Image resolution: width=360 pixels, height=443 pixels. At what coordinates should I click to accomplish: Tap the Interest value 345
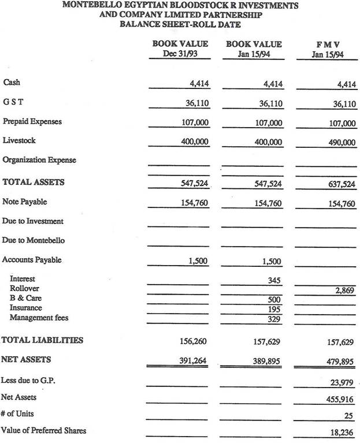click(x=274, y=281)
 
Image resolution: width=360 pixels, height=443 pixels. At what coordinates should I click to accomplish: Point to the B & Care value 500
click(x=274, y=300)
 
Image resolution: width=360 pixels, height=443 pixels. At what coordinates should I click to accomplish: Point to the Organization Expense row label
click(x=39, y=159)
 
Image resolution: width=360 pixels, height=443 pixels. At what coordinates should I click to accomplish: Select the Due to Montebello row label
click(x=34, y=240)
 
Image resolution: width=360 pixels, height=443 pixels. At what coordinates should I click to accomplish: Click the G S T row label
click(x=16, y=102)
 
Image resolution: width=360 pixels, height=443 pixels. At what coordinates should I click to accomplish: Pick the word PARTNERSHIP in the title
click(x=229, y=15)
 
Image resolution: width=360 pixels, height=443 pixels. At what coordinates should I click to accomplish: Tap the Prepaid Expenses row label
click(x=32, y=122)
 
